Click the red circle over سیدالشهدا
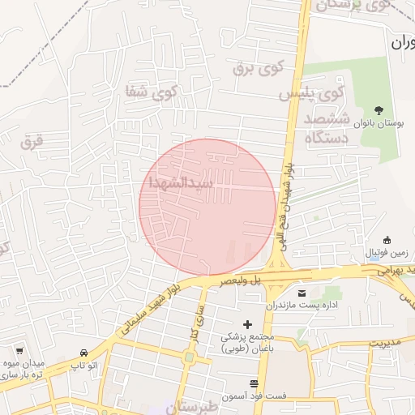click(x=207, y=207)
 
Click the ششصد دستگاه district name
click(x=327, y=130)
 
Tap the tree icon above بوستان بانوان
click(x=379, y=109)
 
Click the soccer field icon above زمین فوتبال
click(x=387, y=240)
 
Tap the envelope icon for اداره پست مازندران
click(x=302, y=293)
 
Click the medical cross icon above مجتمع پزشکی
click(x=248, y=324)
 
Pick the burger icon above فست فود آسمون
click(x=255, y=383)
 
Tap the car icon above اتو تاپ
click(x=84, y=353)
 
